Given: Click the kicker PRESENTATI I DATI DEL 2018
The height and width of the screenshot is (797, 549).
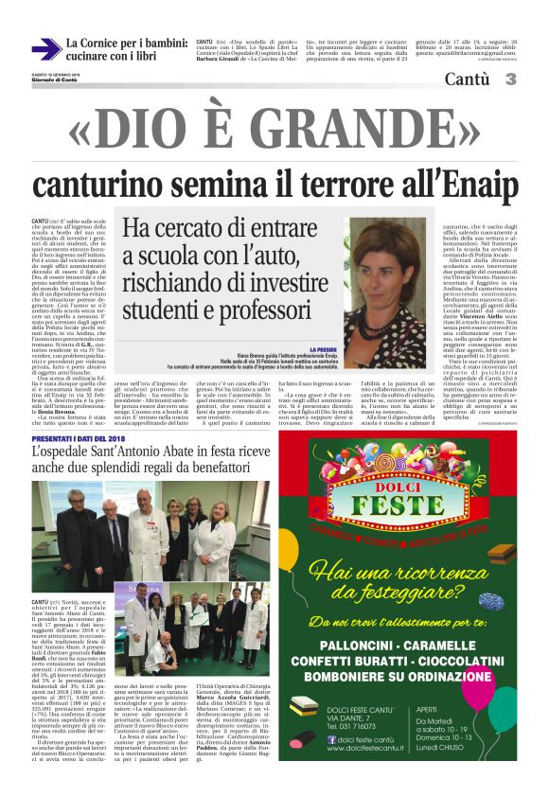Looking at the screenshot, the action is (79, 439).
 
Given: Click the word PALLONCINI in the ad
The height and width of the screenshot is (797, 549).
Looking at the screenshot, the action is (363, 641).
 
